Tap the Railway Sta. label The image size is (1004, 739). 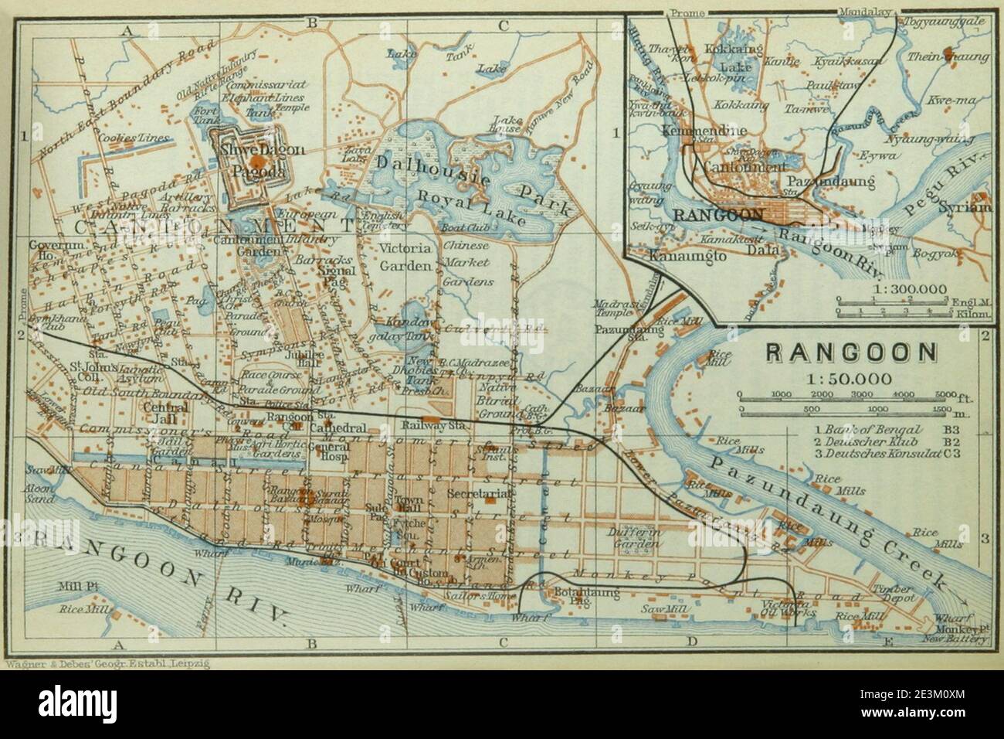click(x=425, y=424)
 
